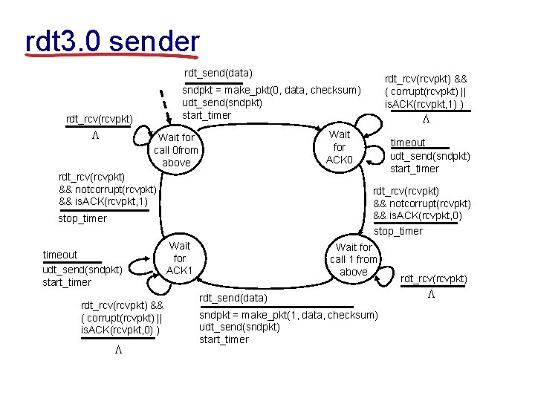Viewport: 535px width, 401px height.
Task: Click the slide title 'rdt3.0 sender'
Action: pos(111,42)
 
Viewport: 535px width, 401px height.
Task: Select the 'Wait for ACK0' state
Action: pos(340,148)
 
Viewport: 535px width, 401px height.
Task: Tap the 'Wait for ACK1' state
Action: pos(180,258)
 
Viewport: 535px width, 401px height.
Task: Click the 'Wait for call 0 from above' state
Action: pos(176,150)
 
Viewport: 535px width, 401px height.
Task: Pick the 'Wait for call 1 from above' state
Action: pos(354,259)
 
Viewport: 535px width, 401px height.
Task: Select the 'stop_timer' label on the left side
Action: pos(82,218)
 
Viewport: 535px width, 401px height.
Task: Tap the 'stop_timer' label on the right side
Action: pos(398,231)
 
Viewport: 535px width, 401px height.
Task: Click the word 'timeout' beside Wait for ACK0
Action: pos(408,143)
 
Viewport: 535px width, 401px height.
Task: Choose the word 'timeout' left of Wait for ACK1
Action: pos(59,255)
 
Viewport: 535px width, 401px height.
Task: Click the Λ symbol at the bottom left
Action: pos(118,349)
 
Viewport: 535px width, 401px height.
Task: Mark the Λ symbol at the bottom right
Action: pos(429,293)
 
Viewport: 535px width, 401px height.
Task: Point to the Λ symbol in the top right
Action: pos(426,119)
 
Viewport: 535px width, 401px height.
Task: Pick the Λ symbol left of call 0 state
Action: pos(95,136)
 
